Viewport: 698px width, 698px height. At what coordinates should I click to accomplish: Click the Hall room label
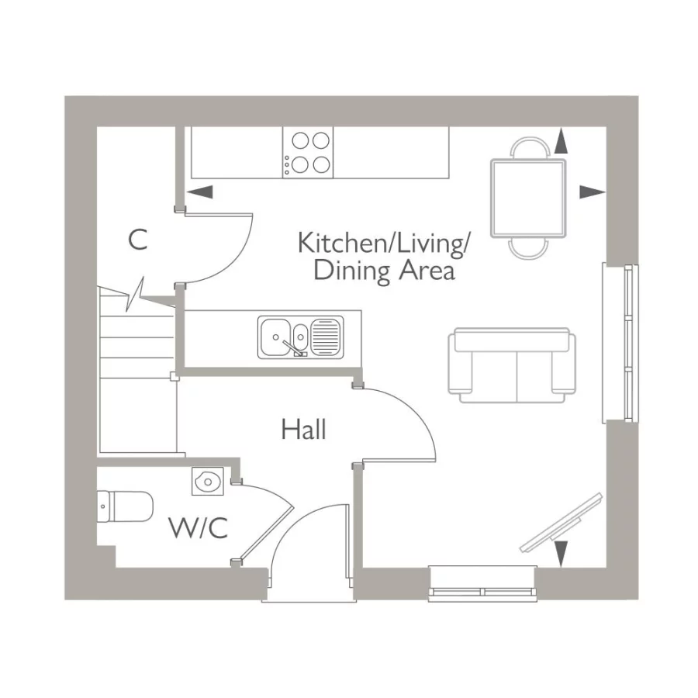coord(304,429)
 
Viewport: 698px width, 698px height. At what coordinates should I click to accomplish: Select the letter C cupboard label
coord(137,240)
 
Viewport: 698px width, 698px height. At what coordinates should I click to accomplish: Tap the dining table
coord(528,198)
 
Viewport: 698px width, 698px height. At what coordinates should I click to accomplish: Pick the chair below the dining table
coord(528,247)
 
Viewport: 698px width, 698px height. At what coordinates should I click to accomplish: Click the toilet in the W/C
coord(124,506)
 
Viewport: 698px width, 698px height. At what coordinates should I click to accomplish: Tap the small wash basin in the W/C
coord(207,482)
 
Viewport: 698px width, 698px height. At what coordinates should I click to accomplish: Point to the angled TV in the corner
coord(560,523)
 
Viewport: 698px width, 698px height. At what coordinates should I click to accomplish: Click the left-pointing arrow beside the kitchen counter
coord(200,192)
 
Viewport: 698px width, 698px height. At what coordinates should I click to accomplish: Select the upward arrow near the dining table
coord(561,142)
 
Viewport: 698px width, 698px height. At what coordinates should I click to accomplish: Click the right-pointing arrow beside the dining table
coord(592,192)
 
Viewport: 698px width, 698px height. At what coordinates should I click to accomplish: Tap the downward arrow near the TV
coord(561,553)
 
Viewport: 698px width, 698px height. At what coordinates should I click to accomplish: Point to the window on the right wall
coord(622,344)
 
